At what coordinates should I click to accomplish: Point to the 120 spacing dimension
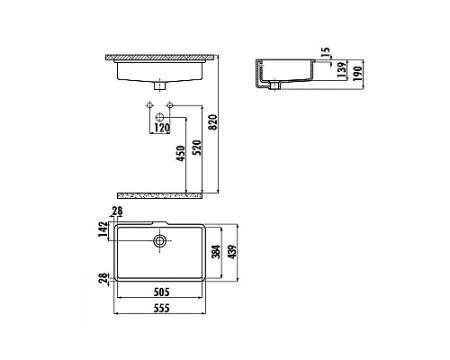pyautogui.click(x=162, y=129)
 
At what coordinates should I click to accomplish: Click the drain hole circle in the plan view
pyautogui.click(x=160, y=240)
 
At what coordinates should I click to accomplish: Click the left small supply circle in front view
pyautogui.click(x=148, y=108)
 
